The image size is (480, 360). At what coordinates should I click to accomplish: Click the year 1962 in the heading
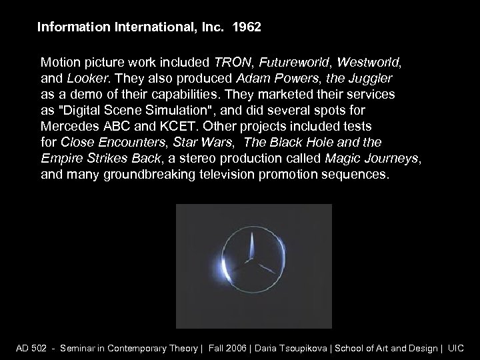coord(248,28)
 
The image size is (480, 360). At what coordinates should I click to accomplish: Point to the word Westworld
coord(369,63)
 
